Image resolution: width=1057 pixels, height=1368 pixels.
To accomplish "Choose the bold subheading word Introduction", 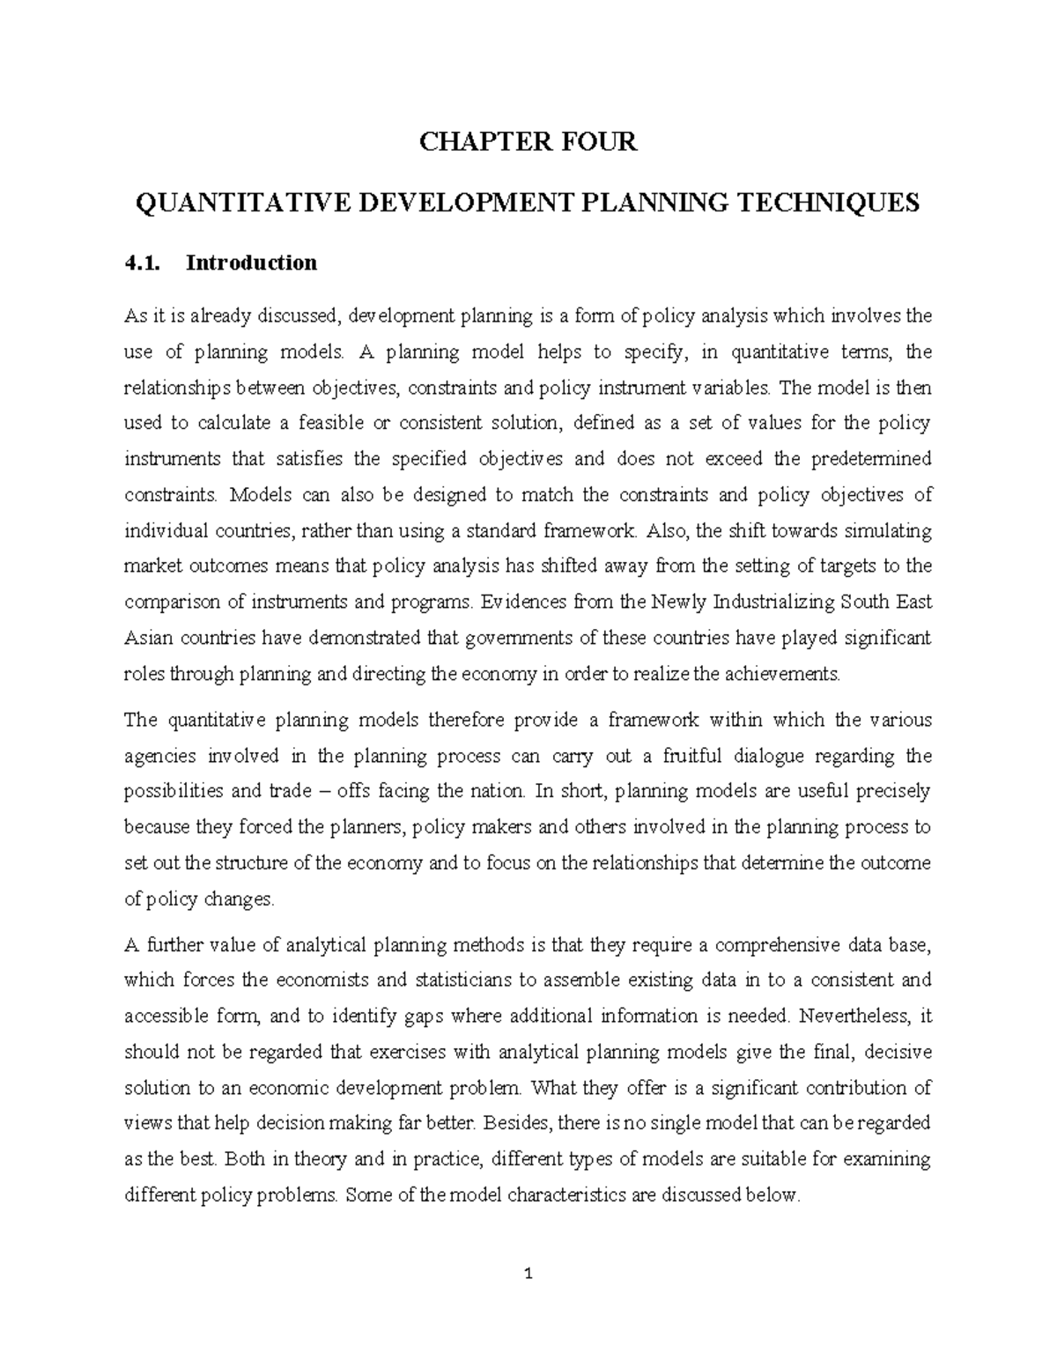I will point(251,263).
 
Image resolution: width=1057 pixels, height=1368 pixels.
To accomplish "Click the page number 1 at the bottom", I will point(528,1274).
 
